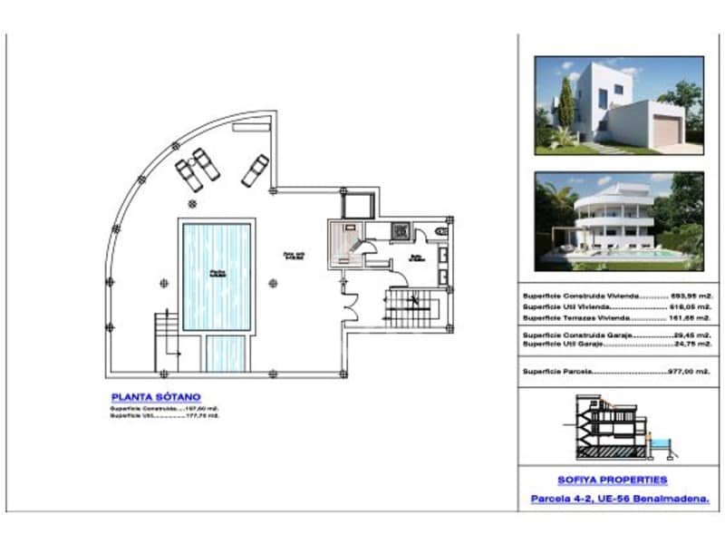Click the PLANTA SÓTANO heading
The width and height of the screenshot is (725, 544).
(156, 396)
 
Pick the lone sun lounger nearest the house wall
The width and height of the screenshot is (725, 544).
(256, 170)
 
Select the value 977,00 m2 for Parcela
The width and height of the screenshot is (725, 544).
(676, 372)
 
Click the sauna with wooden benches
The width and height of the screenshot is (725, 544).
(344, 241)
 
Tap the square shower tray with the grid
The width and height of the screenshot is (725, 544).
(400, 230)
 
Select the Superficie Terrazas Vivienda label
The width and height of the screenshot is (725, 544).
(578, 318)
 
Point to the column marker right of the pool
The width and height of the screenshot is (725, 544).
(274, 282)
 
